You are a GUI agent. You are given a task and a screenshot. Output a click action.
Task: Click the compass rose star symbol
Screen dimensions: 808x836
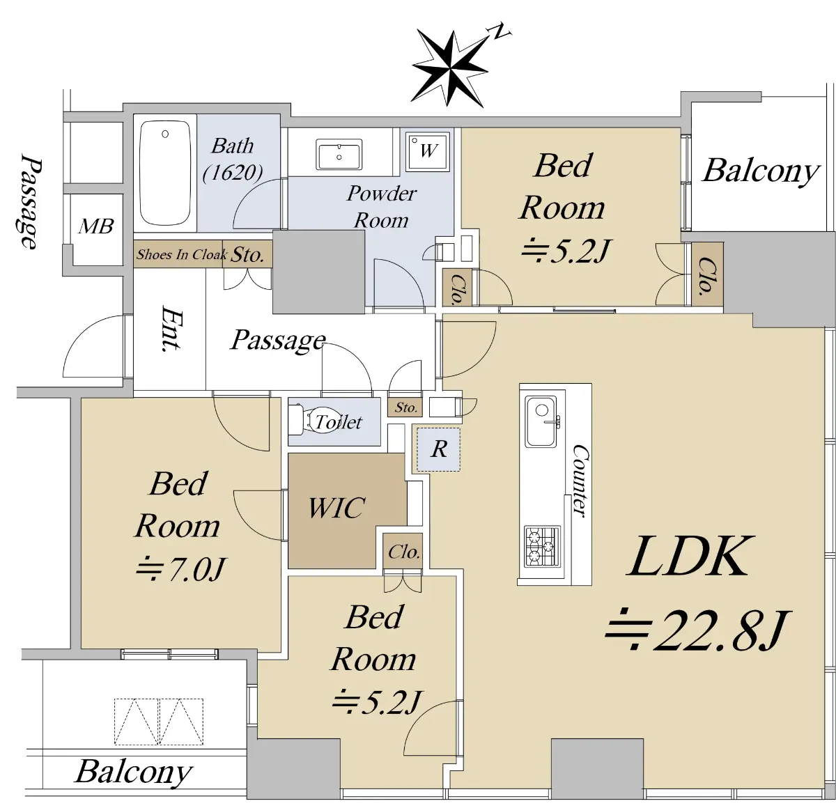pyautogui.click(x=450, y=68)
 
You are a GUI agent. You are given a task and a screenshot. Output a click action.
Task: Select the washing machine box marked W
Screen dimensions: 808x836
pyautogui.click(x=427, y=150)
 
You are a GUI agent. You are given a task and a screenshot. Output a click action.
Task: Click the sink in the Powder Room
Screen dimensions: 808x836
pyautogui.click(x=339, y=154)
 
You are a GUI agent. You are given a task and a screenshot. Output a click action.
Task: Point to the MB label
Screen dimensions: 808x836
pyautogui.click(x=95, y=226)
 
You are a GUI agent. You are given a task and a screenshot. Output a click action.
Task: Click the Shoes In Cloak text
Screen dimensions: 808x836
pyautogui.click(x=181, y=254)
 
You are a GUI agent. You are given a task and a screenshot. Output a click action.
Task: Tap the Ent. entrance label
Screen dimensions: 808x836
pyautogui.click(x=171, y=328)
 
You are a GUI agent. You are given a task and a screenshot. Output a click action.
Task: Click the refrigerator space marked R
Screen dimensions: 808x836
pyautogui.click(x=438, y=449)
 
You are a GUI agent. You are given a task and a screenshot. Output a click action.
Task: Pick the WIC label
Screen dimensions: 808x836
pyautogui.click(x=336, y=508)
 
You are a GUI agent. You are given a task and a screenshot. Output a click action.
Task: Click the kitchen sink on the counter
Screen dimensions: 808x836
pyautogui.click(x=541, y=421)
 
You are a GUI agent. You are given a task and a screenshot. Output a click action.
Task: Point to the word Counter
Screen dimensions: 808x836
pyautogui.click(x=580, y=481)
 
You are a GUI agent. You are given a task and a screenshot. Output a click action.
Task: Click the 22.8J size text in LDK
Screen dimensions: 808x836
pyautogui.click(x=697, y=630)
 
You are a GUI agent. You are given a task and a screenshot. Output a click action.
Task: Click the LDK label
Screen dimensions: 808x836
pyautogui.click(x=690, y=557)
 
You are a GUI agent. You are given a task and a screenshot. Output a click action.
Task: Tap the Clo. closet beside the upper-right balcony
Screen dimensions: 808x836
pyautogui.click(x=706, y=275)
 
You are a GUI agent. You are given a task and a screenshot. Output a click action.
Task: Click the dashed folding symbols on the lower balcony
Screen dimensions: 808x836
pyautogui.click(x=159, y=722)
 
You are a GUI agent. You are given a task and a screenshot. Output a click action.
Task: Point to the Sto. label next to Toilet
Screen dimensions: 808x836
pyautogui.click(x=405, y=407)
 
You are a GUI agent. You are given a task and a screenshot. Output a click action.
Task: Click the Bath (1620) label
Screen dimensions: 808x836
pyautogui.click(x=233, y=158)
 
